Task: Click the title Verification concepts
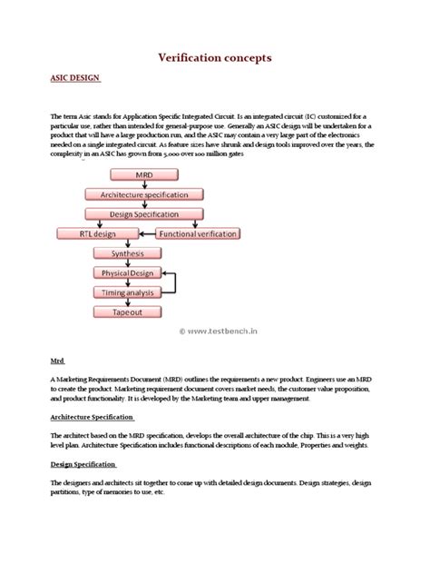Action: pos(214,57)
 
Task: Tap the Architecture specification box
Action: pos(137,193)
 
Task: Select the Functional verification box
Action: pos(200,234)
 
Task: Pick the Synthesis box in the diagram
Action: pos(126,253)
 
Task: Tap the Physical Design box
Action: pos(126,272)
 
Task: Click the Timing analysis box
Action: pos(126,292)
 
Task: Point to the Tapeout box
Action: pos(126,312)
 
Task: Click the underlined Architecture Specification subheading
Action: pos(92,418)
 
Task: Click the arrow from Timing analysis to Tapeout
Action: pos(126,302)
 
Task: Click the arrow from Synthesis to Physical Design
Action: pos(126,263)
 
